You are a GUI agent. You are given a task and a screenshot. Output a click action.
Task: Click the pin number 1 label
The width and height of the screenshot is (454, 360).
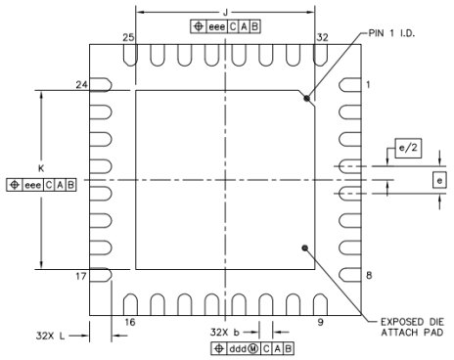click(369, 86)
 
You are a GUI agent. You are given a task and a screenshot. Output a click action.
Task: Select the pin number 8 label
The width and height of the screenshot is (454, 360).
click(369, 276)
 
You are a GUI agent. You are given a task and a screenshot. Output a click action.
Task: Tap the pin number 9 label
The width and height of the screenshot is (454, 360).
click(320, 320)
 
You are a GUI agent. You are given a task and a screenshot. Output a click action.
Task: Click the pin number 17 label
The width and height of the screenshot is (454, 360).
click(82, 276)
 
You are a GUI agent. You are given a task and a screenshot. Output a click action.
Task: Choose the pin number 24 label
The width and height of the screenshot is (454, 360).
click(82, 86)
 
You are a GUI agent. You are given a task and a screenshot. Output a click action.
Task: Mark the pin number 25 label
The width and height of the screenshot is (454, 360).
click(127, 37)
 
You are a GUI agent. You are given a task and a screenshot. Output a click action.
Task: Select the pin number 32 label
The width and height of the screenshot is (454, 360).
click(322, 37)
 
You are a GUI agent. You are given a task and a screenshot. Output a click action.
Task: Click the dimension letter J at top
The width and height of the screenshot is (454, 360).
click(226, 12)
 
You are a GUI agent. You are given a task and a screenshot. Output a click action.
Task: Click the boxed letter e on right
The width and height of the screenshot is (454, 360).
click(439, 180)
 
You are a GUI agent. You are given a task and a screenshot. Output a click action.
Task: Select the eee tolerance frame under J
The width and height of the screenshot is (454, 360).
click(226, 26)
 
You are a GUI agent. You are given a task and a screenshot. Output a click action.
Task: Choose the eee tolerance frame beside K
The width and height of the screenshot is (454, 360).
click(41, 183)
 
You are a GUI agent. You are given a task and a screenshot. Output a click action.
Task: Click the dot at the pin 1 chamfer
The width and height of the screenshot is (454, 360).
click(307, 99)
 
